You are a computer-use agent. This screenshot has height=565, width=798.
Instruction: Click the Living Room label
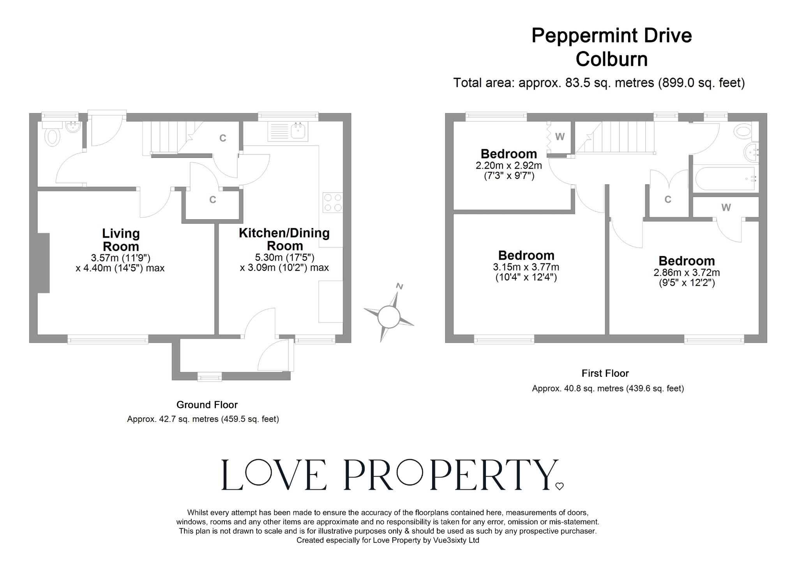[120, 240]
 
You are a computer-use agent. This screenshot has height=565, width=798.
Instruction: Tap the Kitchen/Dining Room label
[284, 239]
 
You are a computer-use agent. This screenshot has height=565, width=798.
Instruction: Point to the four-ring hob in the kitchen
[333, 203]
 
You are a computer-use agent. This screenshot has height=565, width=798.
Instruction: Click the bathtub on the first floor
[725, 179]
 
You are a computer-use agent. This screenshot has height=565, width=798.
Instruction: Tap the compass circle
[388, 316]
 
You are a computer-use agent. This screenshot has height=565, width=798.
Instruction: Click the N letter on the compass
[399, 286]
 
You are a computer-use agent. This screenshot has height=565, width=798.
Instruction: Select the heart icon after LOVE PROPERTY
[560, 486]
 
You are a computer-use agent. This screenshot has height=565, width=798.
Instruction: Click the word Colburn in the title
[611, 59]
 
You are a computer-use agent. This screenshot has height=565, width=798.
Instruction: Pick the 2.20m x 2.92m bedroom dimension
[508, 166]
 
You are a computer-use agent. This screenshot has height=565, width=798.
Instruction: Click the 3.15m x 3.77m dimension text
[526, 267]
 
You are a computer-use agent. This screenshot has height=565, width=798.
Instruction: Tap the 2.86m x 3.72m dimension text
[687, 273]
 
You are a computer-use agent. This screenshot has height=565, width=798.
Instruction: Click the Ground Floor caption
[207, 405]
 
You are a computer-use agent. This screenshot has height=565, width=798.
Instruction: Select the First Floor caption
[605, 373]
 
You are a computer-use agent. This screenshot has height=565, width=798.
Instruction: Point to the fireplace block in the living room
[44, 263]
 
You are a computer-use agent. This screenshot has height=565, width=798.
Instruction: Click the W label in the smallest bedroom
[560, 137]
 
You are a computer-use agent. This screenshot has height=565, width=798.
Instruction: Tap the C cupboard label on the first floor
[668, 200]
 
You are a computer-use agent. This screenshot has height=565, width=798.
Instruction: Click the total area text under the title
[599, 83]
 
